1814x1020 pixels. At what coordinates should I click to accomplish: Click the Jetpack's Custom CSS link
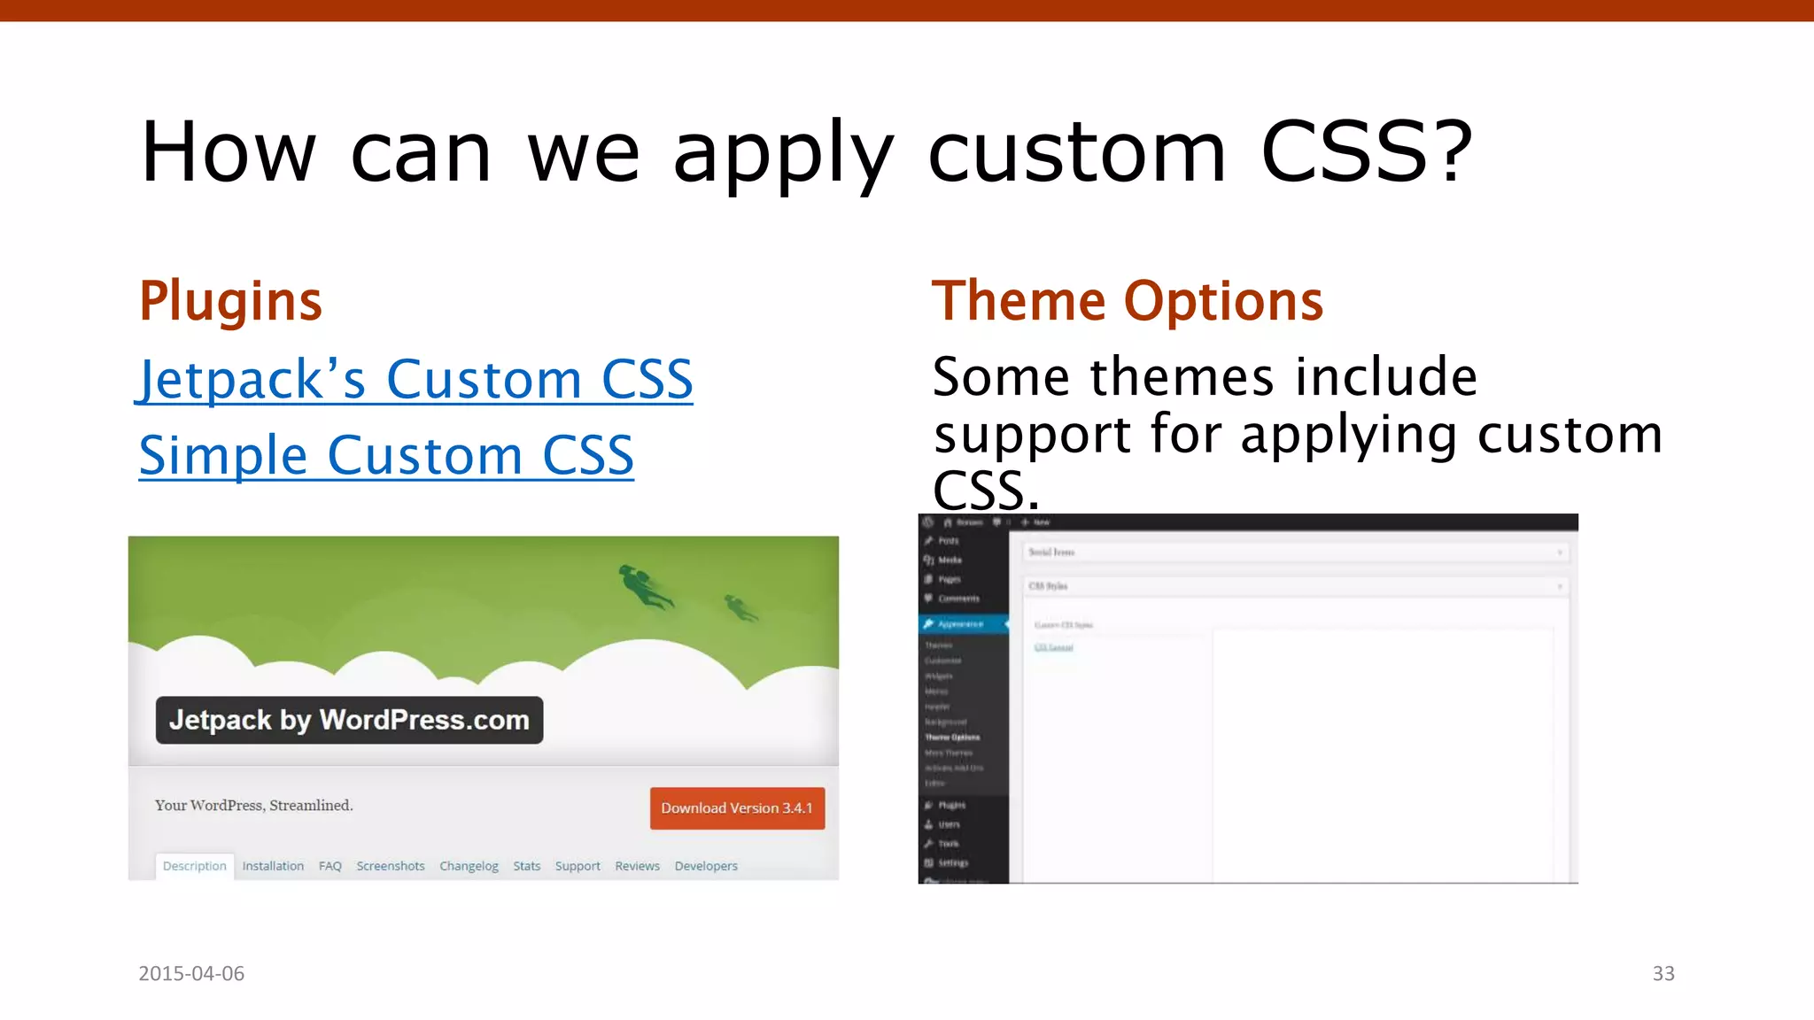pos(415,380)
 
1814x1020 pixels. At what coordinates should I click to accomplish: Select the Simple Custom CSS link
pos(386,456)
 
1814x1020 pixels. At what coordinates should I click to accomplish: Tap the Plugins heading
pos(230,301)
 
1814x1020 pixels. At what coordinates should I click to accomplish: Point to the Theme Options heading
pos(1127,301)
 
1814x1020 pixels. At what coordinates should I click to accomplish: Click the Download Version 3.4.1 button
pos(737,808)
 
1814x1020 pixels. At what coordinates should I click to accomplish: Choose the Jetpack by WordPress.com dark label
pos(349,720)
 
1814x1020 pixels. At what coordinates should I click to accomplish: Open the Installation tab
pos(273,866)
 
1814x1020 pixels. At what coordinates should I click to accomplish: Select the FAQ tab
pos(329,866)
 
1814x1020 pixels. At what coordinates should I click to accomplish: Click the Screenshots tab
pos(391,866)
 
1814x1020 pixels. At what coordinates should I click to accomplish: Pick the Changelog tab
pos(469,866)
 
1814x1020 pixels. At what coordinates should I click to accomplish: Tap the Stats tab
pos(526,866)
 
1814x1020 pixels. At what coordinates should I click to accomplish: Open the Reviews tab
pos(637,866)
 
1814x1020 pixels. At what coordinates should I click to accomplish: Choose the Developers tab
pos(706,866)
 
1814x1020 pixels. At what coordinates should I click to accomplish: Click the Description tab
pos(195,866)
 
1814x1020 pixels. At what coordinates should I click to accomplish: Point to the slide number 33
pos(1663,974)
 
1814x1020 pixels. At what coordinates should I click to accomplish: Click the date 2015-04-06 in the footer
pos(191,974)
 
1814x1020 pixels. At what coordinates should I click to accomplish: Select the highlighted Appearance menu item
pos(962,624)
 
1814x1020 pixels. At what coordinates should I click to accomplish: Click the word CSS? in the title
pos(1366,152)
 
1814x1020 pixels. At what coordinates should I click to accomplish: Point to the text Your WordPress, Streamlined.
pos(253,806)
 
